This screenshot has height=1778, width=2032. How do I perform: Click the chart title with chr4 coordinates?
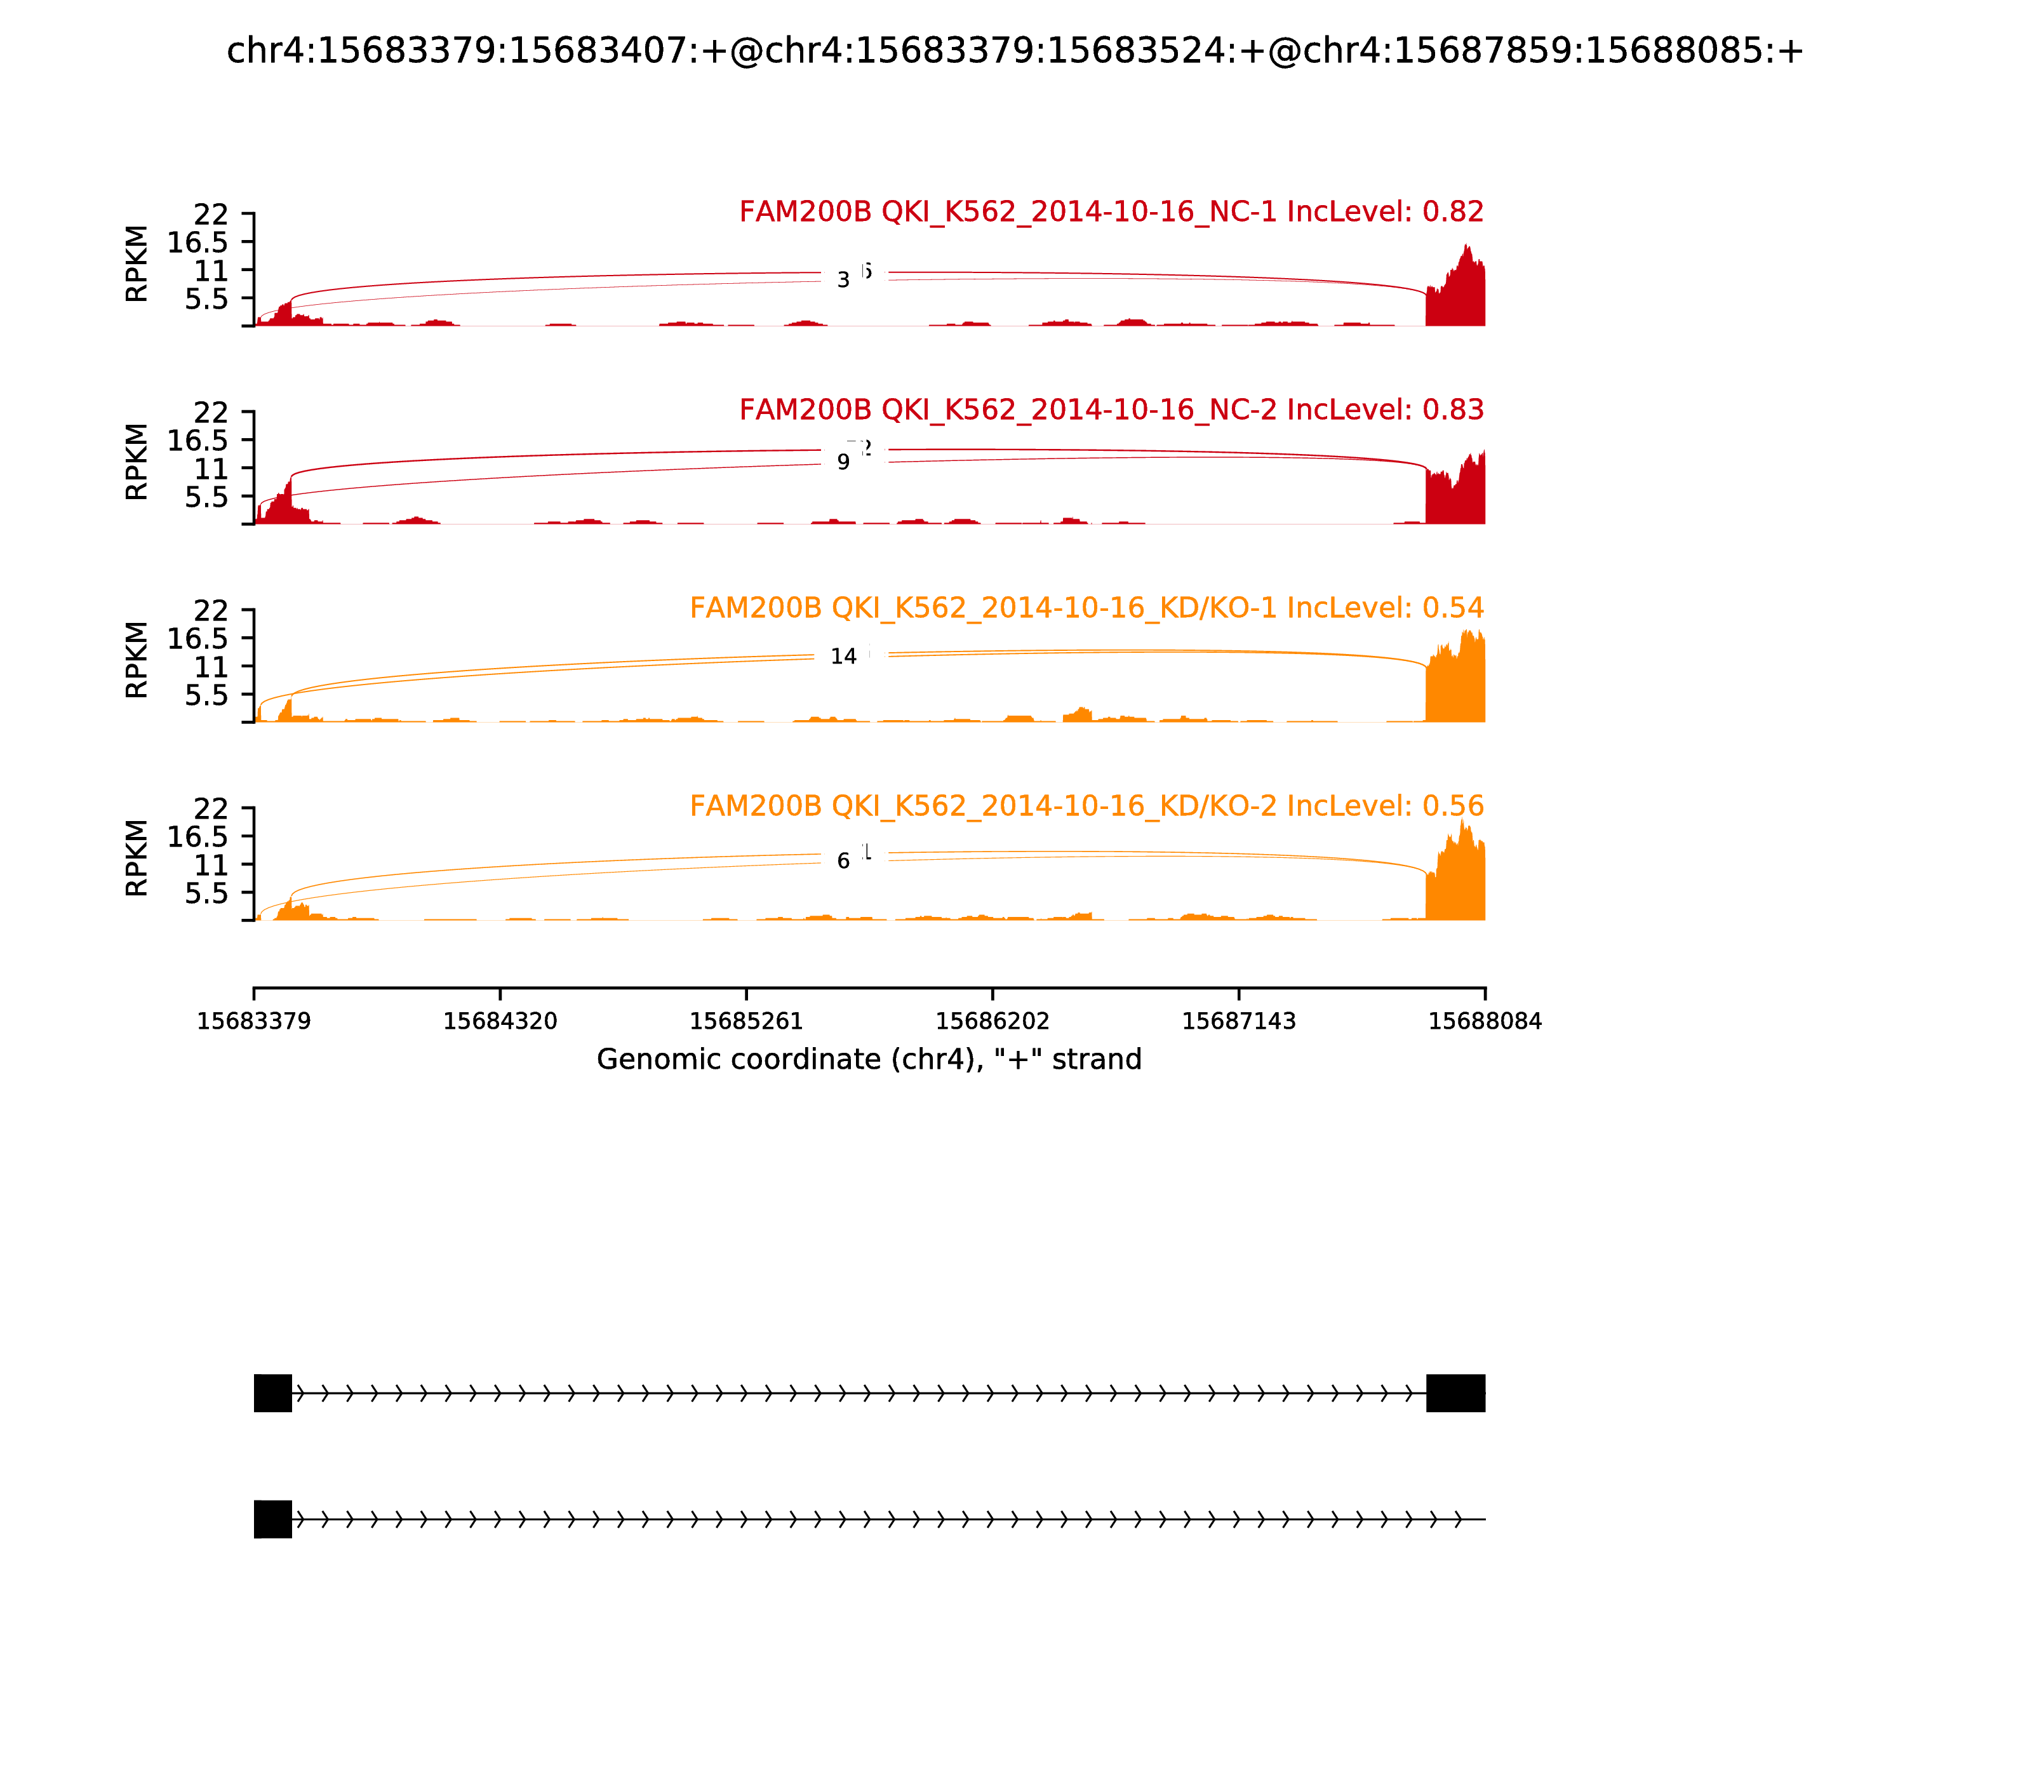[1015, 51]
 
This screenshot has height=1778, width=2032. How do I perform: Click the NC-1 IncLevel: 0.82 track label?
[1111, 211]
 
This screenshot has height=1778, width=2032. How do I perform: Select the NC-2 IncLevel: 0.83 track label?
[1111, 410]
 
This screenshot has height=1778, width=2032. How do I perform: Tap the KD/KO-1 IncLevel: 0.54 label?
[1086, 607]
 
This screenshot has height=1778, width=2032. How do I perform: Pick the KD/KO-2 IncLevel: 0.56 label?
[1086, 806]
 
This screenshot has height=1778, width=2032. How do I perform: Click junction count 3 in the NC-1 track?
[843, 281]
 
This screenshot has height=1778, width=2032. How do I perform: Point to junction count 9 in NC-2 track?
[843, 462]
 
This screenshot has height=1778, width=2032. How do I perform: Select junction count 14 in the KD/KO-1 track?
[843, 657]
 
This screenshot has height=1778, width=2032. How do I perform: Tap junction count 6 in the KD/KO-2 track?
[843, 861]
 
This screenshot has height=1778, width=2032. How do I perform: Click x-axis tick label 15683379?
[254, 1022]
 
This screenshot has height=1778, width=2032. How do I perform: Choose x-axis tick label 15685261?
[746, 1022]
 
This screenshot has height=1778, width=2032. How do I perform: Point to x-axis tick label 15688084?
[1485, 1022]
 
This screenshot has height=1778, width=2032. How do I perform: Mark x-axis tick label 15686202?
[992, 1022]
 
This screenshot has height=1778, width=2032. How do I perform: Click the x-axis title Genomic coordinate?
[869, 1060]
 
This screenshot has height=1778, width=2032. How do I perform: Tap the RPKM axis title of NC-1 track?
[137, 264]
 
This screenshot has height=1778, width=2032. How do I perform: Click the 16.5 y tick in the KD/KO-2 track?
[197, 836]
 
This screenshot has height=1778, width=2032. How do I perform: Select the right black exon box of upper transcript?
[1455, 1393]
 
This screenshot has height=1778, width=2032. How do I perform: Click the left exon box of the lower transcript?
[273, 1519]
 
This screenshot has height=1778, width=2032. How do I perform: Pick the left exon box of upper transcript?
[273, 1393]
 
